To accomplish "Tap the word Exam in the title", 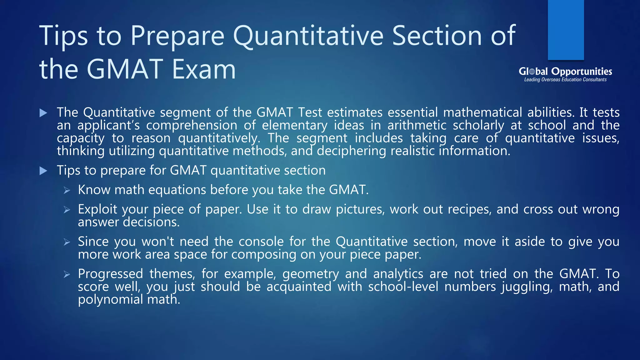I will (204, 69).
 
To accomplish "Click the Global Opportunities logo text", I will (565, 72).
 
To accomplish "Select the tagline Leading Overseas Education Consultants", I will (565, 80).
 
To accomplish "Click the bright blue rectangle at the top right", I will (566, 30).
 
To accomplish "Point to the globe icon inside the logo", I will (532, 72).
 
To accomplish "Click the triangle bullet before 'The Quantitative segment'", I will (43, 113).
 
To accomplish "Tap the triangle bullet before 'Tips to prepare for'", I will (43, 171).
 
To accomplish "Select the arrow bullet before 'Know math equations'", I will (67, 190).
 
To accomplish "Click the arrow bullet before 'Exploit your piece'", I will (67, 210).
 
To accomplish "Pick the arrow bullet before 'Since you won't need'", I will (67, 242).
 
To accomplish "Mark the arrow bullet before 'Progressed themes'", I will (67, 274).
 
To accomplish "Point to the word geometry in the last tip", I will (310, 274).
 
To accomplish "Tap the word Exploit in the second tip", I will (97, 209).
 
